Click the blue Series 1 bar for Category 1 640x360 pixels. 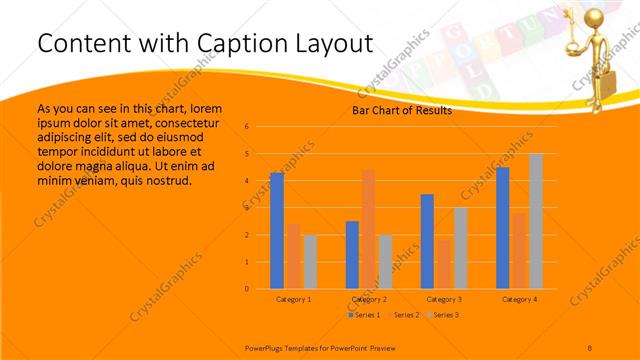[277, 230]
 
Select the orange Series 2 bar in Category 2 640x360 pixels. [369, 229]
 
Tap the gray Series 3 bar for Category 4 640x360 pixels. [536, 221]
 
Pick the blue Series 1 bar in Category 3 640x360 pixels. [427, 241]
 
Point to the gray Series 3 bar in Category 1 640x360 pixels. [310, 262]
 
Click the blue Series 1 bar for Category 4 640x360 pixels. [502, 228]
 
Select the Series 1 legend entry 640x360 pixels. [363, 315]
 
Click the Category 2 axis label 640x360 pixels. [369, 299]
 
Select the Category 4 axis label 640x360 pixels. [519, 299]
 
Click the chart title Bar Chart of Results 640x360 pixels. [401, 111]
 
